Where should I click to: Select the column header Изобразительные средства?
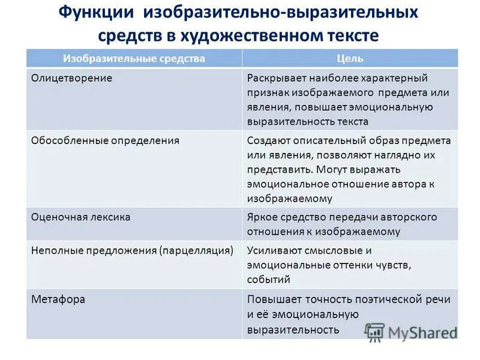tap(134, 58)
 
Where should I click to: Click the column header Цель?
tap(350, 58)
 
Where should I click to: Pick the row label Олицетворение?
tap(71, 78)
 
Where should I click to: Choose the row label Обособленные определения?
tap(105, 140)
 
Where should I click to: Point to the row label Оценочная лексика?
tap(80, 217)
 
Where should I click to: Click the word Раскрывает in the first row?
tap(275, 78)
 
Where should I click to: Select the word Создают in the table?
tap(269, 140)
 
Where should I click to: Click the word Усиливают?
tap(274, 250)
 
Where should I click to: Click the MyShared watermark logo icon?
tap(374, 331)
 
